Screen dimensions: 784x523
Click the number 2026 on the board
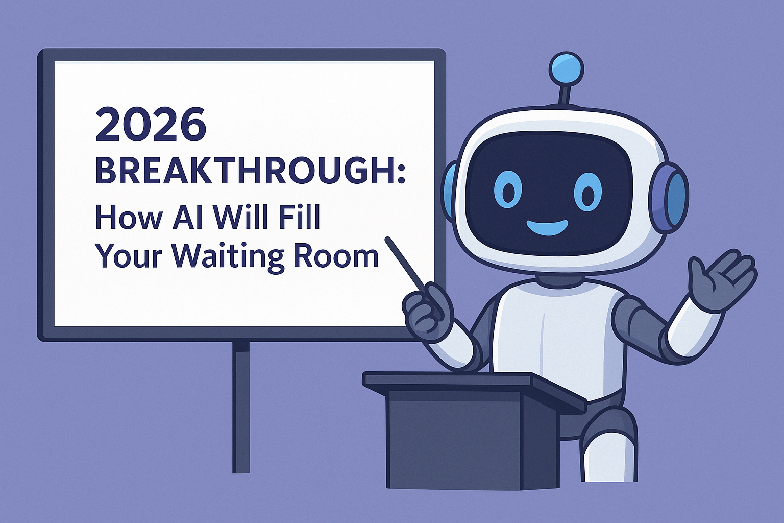pyautogui.click(x=151, y=124)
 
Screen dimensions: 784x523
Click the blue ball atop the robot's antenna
pyautogui.click(x=567, y=68)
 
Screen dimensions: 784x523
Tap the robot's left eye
pyautogui.click(x=507, y=192)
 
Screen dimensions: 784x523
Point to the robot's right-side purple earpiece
pyautogui.click(x=669, y=198)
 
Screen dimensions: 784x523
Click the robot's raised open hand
pyautogui.click(x=718, y=281)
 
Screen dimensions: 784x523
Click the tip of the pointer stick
pyautogui.click(x=387, y=239)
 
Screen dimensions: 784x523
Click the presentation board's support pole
pyautogui.click(x=241, y=407)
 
